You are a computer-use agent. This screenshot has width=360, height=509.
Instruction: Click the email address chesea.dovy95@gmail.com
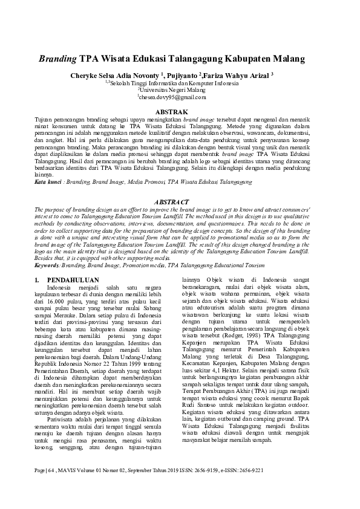pos(172,96)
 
